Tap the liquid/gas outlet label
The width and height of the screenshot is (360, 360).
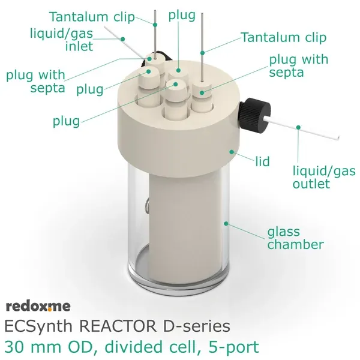point(311,176)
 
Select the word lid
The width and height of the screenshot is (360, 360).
point(262,161)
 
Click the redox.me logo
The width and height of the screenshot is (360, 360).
point(38,307)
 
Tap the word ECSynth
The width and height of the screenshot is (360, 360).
point(37,327)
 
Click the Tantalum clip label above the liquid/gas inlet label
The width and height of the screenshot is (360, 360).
point(92,16)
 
